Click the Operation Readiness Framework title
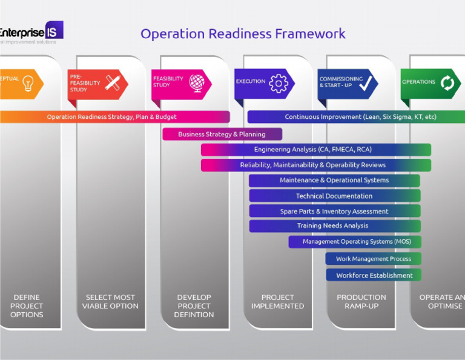point(243,33)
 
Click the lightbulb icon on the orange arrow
point(28,84)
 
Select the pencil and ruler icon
point(113,83)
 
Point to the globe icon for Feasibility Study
point(197,82)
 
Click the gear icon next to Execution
point(279,83)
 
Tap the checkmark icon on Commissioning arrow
point(365,84)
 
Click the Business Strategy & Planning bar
point(222,134)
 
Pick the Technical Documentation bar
point(334,196)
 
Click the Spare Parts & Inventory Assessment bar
point(334,211)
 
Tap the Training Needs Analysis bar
point(334,226)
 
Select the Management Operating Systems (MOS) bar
point(355,242)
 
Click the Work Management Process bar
point(373,259)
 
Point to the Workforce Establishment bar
point(374,275)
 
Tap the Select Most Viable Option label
point(110,302)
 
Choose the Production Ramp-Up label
point(361,302)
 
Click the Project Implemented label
point(278,302)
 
